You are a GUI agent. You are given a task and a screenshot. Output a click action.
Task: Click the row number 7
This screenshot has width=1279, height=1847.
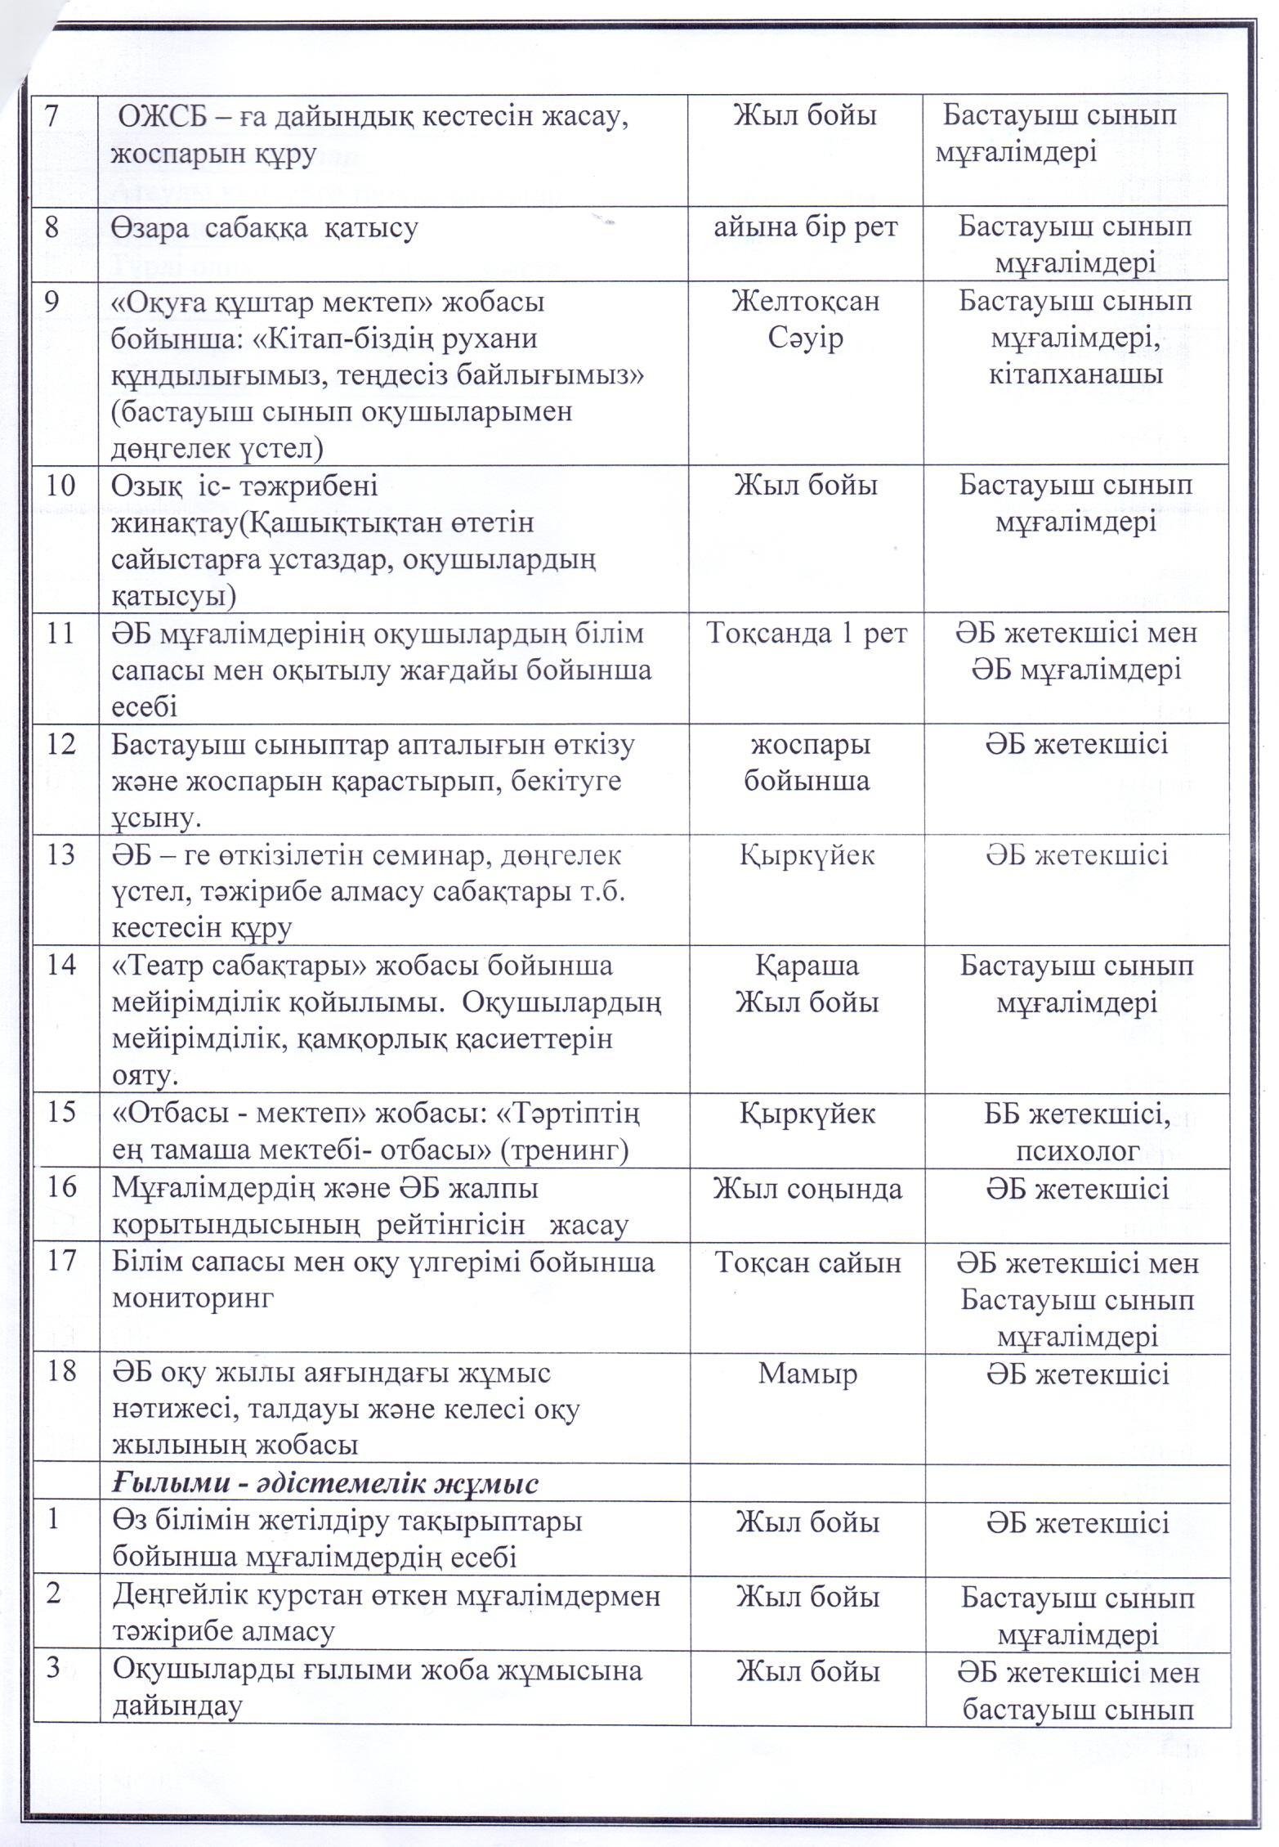click(x=51, y=115)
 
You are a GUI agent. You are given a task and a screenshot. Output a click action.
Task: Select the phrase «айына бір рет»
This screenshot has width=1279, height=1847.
click(x=805, y=227)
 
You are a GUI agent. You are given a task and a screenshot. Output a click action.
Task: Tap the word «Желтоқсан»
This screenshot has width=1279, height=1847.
click(x=805, y=302)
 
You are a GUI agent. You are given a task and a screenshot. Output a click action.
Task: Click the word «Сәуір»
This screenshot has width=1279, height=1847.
click(x=805, y=338)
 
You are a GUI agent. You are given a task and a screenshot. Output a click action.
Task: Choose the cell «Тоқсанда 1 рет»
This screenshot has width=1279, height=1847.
click(x=806, y=634)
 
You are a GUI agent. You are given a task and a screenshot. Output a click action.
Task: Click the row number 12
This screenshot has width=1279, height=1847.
click(x=60, y=744)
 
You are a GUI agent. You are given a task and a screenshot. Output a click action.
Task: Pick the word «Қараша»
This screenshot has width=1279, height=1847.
click(x=807, y=966)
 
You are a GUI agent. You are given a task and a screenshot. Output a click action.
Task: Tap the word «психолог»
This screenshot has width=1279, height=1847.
click(x=1077, y=1151)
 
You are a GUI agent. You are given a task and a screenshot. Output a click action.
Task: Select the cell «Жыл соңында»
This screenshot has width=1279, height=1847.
click(x=807, y=1188)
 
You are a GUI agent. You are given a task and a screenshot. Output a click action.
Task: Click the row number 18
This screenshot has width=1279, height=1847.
click(x=61, y=1374)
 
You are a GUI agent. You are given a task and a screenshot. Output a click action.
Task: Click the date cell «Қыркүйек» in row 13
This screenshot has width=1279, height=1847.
click(x=807, y=855)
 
